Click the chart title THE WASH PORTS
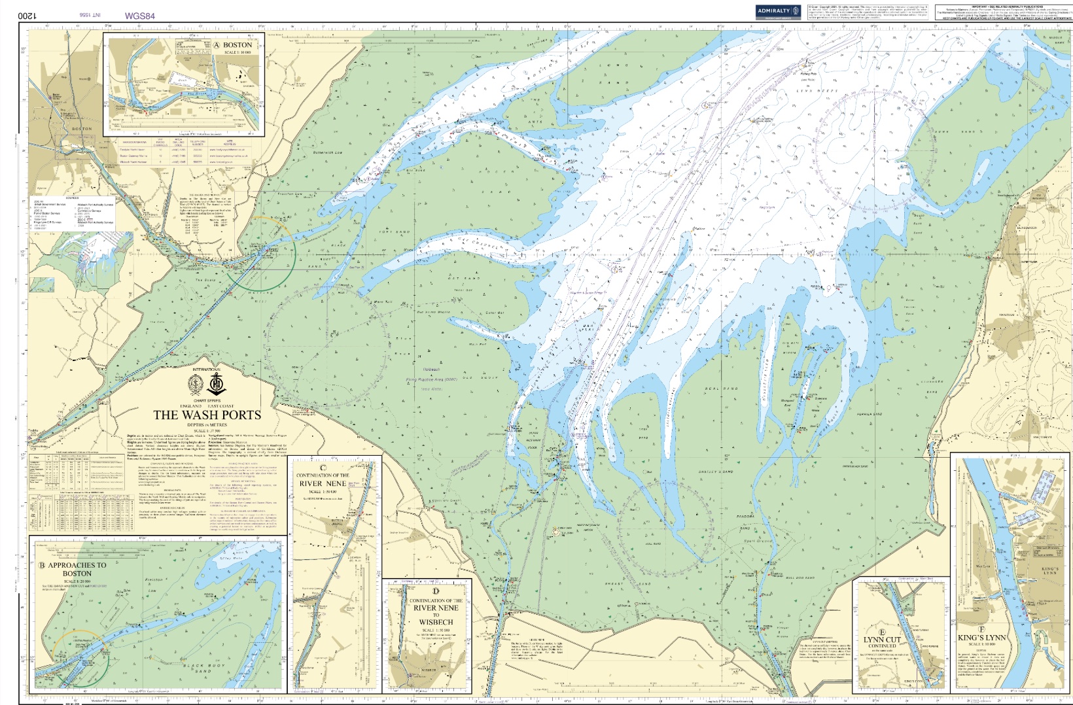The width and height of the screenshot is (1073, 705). [207, 415]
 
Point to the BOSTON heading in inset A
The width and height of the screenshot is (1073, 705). [237, 45]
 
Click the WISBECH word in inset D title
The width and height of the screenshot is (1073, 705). [436, 622]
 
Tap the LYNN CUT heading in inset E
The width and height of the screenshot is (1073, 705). [882, 640]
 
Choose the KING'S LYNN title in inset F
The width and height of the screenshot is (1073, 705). [981, 638]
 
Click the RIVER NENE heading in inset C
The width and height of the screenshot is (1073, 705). [321, 483]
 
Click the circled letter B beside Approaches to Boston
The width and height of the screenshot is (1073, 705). [42, 566]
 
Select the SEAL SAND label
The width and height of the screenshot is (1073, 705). [721, 388]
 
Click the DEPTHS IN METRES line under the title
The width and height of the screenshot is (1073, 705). [207, 425]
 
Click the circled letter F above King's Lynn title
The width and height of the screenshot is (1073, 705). [981, 628]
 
